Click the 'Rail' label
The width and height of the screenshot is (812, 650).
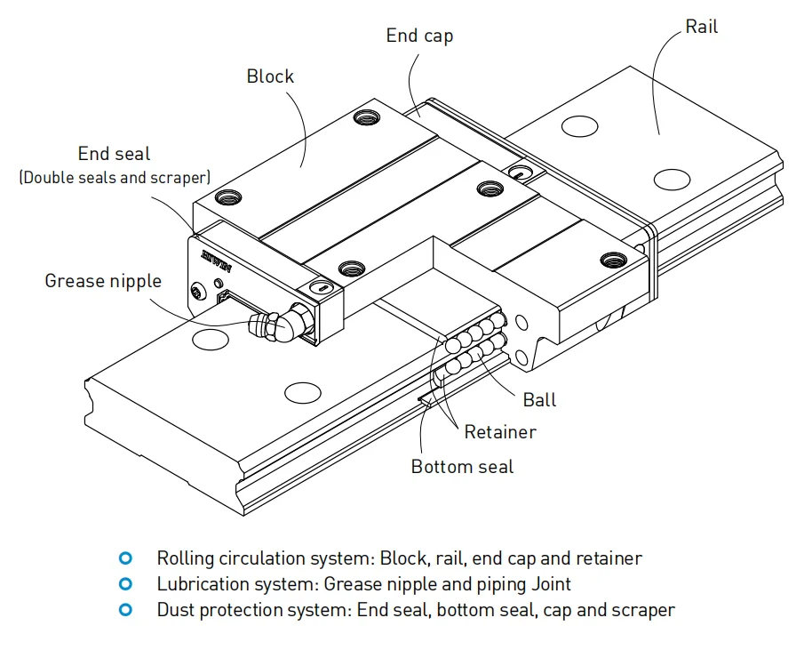coord(701,28)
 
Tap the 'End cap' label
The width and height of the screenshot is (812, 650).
coord(419,36)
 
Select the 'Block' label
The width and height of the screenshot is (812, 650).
coord(270,76)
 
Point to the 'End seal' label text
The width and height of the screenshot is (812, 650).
coord(115,154)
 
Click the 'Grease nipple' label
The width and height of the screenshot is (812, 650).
coord(103,281)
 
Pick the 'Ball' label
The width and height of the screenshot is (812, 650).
coord(539,399)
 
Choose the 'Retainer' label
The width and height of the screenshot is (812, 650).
coord(500,432)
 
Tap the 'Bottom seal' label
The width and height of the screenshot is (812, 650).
coord(462,466)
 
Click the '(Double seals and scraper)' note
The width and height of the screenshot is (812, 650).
coord(115,177)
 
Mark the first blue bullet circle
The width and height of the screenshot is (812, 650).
coord(125,558)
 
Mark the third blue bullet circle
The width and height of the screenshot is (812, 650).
coord(125,610)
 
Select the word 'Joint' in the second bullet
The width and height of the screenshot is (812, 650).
coord(551,584)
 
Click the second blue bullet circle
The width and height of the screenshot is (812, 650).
coord(125,584)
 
